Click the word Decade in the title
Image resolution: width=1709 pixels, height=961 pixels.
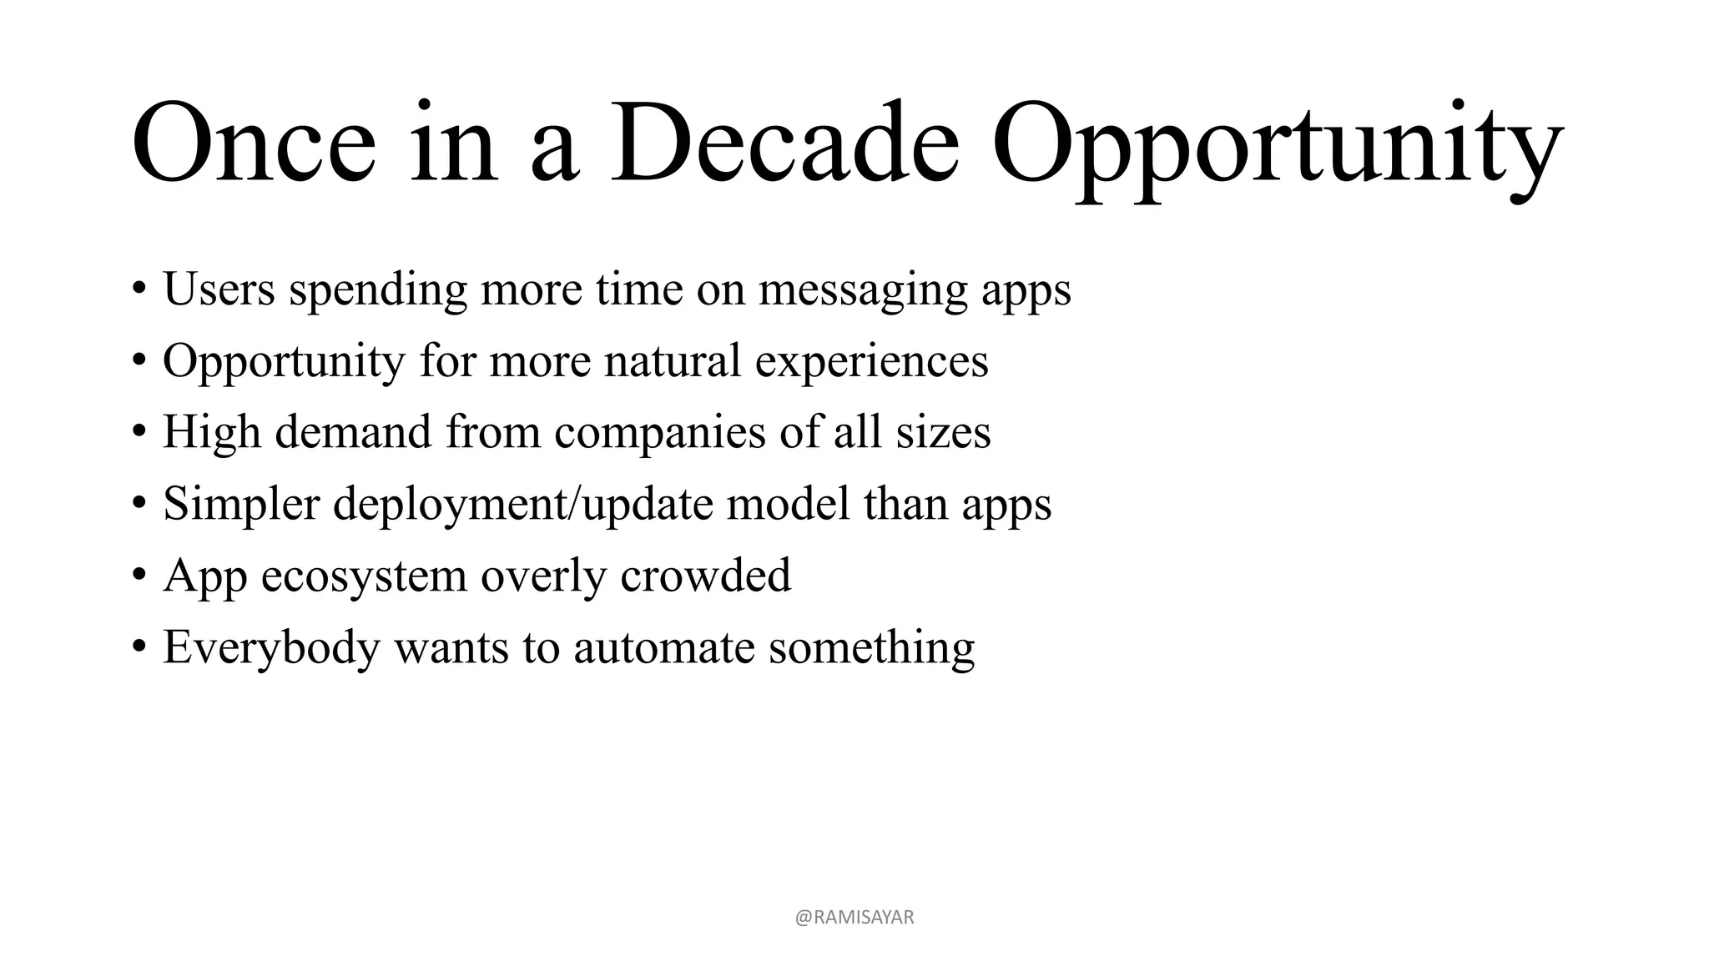[784, 143]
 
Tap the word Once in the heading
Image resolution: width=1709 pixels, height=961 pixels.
[254, 143]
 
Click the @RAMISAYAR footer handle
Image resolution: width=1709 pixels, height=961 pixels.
[854, 918]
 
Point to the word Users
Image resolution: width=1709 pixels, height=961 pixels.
[219, 289]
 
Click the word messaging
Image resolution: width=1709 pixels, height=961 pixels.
[863, 292]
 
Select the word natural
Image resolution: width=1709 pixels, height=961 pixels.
[673, 360]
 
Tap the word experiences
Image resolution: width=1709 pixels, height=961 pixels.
[871, 364]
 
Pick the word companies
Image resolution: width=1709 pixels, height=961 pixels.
[659, 434]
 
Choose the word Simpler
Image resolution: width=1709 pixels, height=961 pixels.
[241, 506]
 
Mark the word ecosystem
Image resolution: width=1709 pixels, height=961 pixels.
[364, 577]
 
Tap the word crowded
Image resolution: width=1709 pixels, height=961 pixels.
[705, 576]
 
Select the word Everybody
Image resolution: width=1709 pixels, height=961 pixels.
[271, 649]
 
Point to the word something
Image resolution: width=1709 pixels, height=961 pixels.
[871, 649]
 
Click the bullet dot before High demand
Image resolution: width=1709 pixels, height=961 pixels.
[139, 434]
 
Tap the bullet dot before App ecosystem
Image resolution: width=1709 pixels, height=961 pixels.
[139, 577]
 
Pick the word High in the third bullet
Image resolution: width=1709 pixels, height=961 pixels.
[212, 434]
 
